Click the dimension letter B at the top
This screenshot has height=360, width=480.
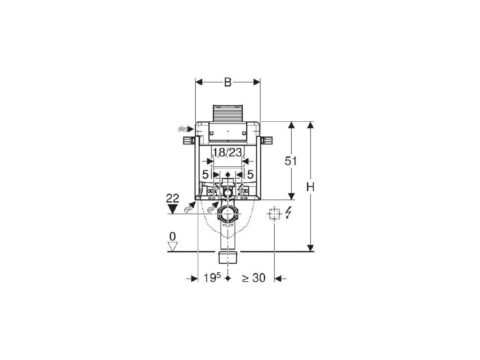pyautogui.click(x=228, y=82)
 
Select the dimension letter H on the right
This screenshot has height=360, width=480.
pyautogui.click(x=311, y=186)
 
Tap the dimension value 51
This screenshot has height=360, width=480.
pyautogui.click(x=291, y=161)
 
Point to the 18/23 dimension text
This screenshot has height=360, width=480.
pyautogui.click(x=227, y=152)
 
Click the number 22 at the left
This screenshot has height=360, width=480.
pyautogui.click(x=173, y=198)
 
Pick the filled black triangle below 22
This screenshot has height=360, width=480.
pyautogui.click(x=173, y=209)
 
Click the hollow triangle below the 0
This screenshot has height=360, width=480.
pyautogui.click(x=173, y=247)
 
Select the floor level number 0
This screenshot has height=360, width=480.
pyautogui.click(x=173, y=237)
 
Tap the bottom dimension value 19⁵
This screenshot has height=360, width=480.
pyautogui.click(x=212, y=278)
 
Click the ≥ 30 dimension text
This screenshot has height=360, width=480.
pyautogui.click(x=254, y=278)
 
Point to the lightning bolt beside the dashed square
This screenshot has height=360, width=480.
pyautogui.click(x=288, y=213)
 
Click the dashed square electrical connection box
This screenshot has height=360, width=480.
pyautogui.click(x=274, y=214)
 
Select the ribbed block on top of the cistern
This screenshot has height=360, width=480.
pyautogui.click(x=227, y=114)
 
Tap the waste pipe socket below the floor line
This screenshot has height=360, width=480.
pyautogui.click(x=227, y=257)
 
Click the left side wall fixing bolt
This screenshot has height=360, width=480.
pyautogui.click(x=189, y=141)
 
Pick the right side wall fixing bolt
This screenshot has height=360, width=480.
pyautogui.click(x=267, y=141)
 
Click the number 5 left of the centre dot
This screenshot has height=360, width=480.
pyautogui.click(x=205, y=175)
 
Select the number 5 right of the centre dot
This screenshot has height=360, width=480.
pyautogui.click(x=250, y=175)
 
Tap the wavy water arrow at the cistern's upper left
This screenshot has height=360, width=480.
pyautogui.click(x=186, y=130)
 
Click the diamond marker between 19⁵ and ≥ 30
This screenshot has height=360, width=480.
pyautogui.click(x=227, y=278)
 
